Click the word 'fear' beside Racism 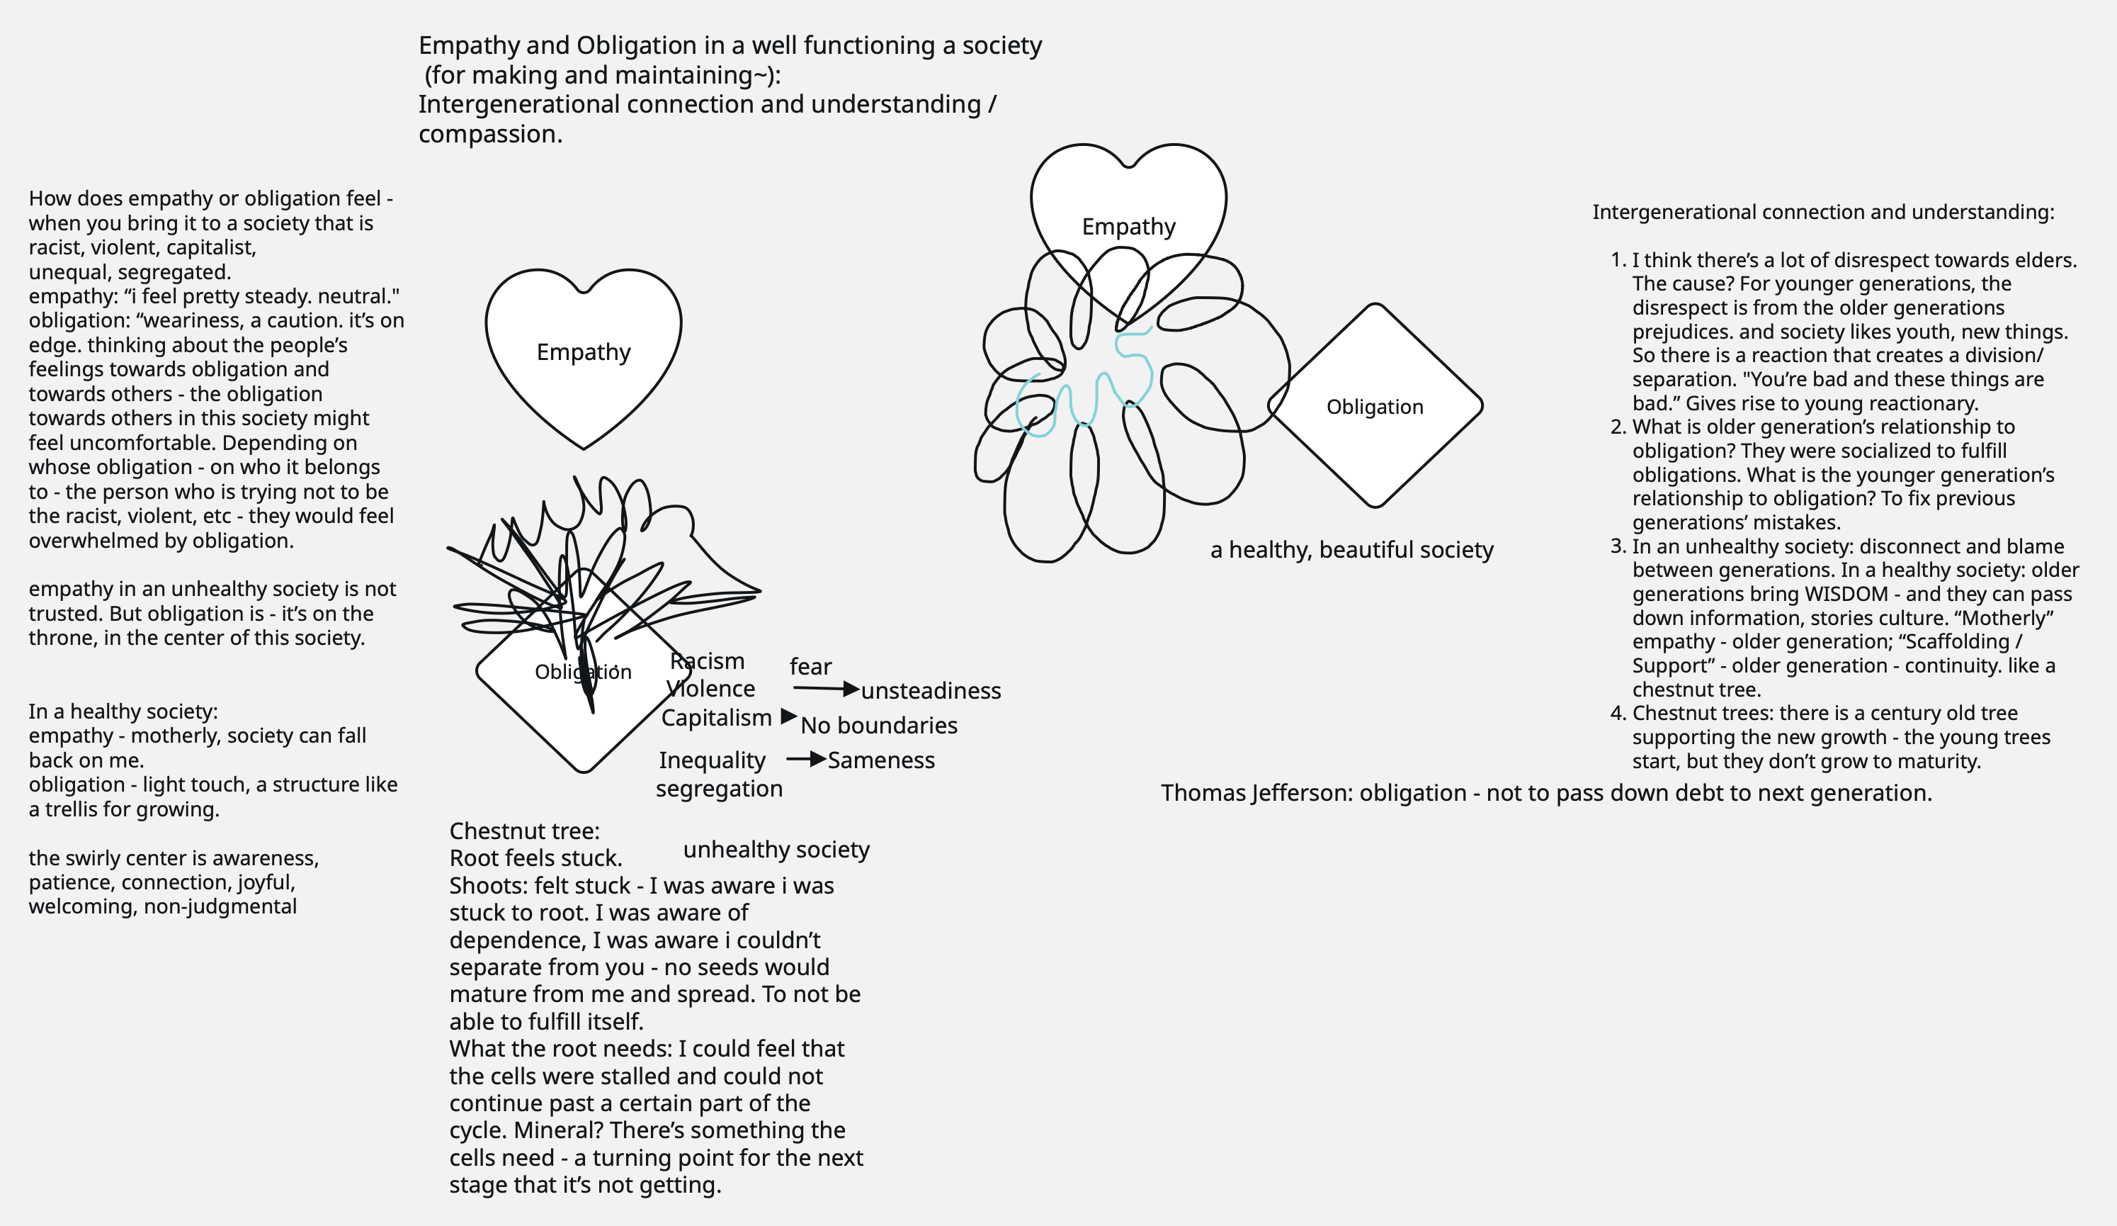[810, 667]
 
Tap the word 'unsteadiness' [931, 691]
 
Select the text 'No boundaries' [879, 725]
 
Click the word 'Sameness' [880, 760]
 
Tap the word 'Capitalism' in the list [716, 719]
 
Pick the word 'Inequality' [712, 760]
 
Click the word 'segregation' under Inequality [719, 789]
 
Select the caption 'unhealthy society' [776, 850]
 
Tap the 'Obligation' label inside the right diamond [1374, 407]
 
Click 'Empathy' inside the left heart [583, 352]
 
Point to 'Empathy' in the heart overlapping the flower [1128, 227]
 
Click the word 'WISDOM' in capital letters [1846, 594]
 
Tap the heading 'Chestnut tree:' [524, 831]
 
